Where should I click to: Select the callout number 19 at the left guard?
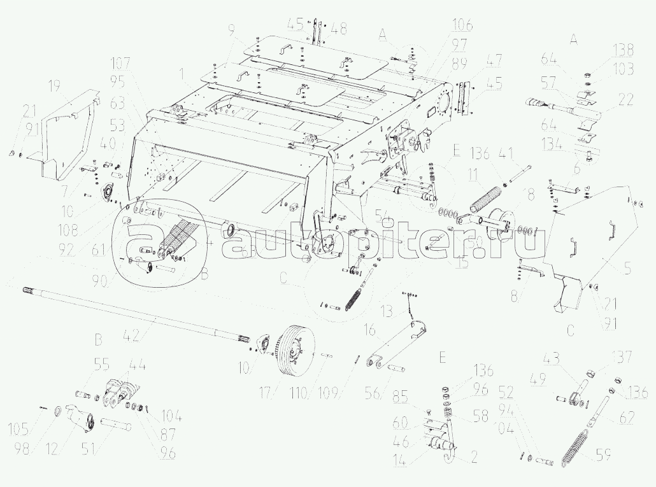54,86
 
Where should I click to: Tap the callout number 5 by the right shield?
628,270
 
